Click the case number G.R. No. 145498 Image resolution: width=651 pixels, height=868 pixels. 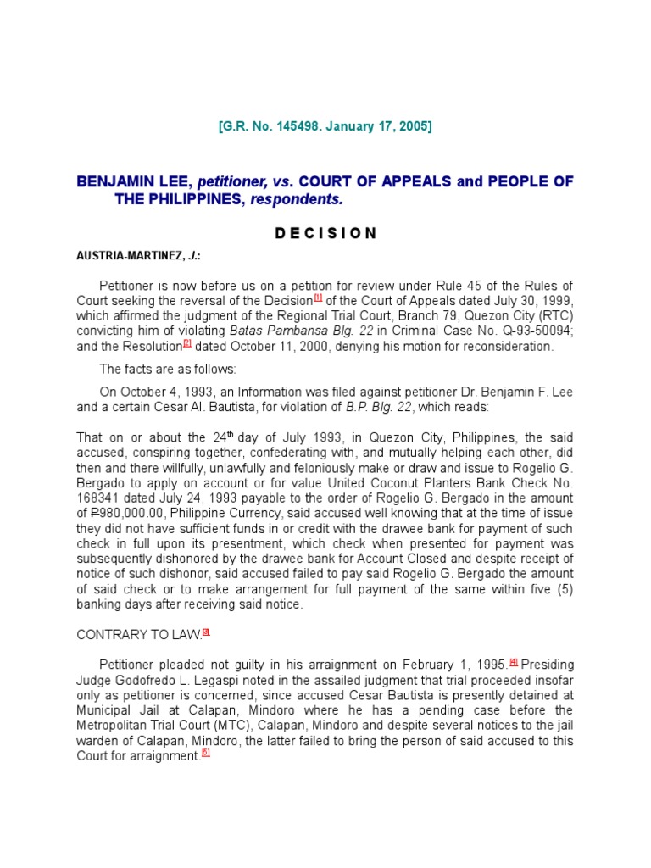click(x=275, y=126)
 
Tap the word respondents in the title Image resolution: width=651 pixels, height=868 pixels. click(x=305, y=199)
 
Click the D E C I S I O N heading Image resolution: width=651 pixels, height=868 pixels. click(x=325, y=233)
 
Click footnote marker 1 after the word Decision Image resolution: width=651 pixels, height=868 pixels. click(x=318, y=297)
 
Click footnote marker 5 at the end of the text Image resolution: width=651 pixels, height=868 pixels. click(x=205, y=754)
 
